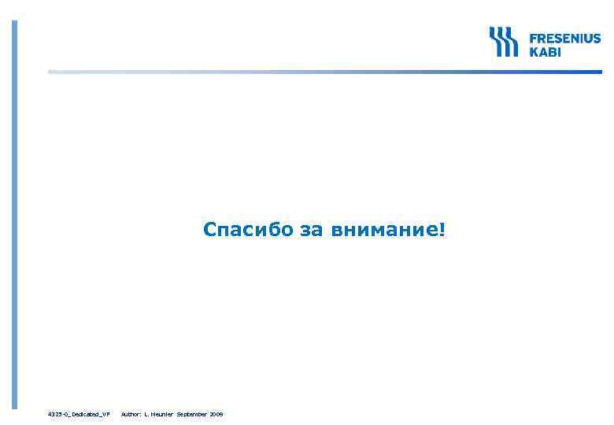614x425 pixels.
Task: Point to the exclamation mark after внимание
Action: click(442, 230)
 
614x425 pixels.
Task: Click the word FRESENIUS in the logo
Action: click(564, 38)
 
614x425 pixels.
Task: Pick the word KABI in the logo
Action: click(545, 51)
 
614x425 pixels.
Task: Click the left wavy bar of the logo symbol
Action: click(494, 41)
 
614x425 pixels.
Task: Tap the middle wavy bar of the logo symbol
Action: click(504, 41)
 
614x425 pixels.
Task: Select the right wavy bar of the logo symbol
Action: click(513, 41)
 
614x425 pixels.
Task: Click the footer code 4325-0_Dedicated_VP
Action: click(79, 413)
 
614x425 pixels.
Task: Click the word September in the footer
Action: click(193, 413)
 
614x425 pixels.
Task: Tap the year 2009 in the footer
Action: click(216, 413)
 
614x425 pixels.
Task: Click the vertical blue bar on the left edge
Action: click(13, 213)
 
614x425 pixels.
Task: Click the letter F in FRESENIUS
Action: click(532, 38)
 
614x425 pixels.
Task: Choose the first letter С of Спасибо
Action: click(209, 230)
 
